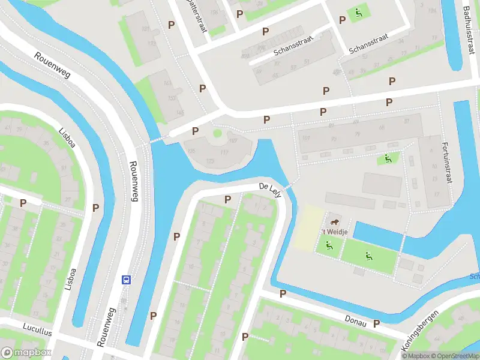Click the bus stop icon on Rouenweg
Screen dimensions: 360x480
[127, 280]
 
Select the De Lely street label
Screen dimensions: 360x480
[270, 188]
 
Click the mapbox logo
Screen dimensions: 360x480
[25, 353]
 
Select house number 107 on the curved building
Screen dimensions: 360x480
[233, 141]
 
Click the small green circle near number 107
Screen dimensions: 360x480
[217, 133]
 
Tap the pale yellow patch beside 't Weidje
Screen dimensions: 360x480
[306, 229]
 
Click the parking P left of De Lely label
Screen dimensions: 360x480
[228, 199]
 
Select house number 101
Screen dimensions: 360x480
[306, 137]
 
